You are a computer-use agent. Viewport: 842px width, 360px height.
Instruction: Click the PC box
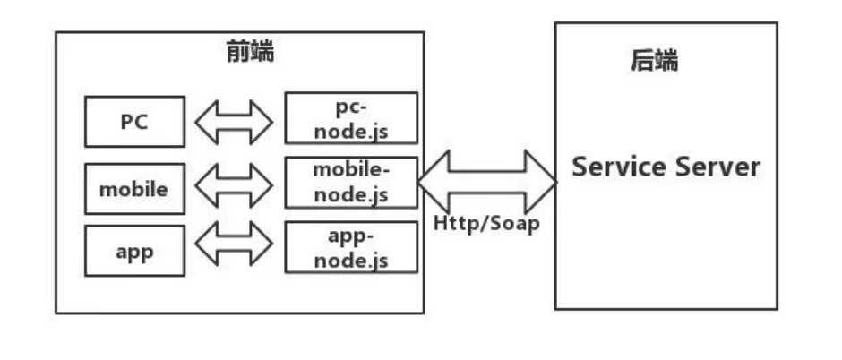pyautogui.click(x=134, y=122)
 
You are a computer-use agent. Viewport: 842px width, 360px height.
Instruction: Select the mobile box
pyautogui.click(x=134, y=188)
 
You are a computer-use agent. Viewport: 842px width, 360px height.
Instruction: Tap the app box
pyautogui.click(x=134, y=251)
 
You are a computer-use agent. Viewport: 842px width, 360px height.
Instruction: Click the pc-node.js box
pyautogui.click(x=351, y=119)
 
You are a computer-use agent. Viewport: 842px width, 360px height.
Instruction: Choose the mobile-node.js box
pyautogui.click(x=351, y=182)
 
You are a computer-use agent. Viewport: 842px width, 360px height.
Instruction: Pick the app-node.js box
pyautogui.click(x=351, y=248)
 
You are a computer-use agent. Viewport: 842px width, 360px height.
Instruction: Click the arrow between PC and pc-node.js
pyautogui.click(x=234, y=122)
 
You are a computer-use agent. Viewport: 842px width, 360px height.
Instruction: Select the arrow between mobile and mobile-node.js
pyautogui.click(x=234, y=186)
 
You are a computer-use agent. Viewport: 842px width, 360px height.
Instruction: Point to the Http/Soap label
pyautogui.click(x=486, y=223)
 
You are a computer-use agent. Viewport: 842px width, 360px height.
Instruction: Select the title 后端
pyautogui.click(x=653, y=63)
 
